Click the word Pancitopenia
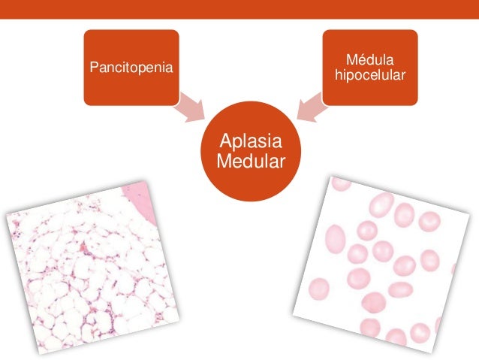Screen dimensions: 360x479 click(x=131, y=68)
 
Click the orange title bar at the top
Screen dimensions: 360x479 click(x=239, y=8)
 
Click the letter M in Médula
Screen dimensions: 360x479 click(x=351, y=59)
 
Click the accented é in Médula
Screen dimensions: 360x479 click(x=362, y=59)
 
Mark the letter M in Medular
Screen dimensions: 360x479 click(x=222, y=161)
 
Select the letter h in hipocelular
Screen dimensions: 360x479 click(x=339, y=76)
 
